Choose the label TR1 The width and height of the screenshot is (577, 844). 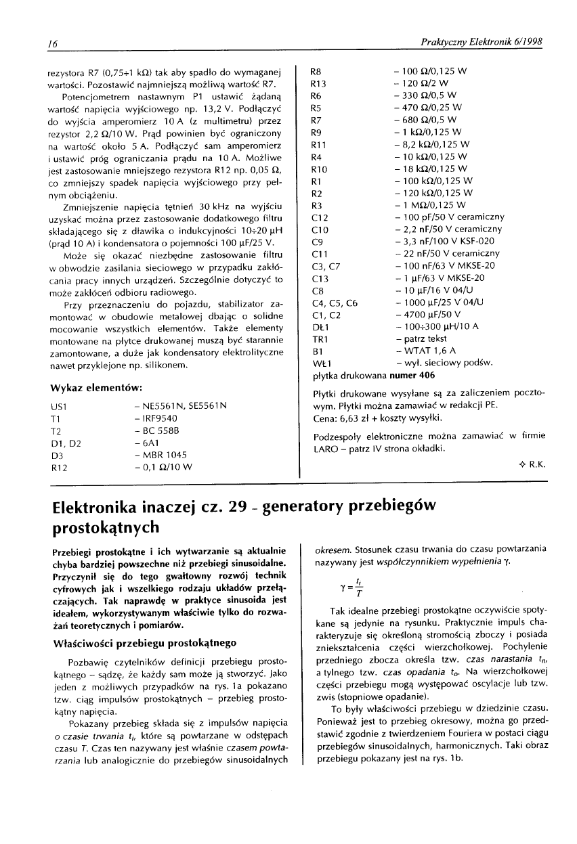point(318,338)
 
